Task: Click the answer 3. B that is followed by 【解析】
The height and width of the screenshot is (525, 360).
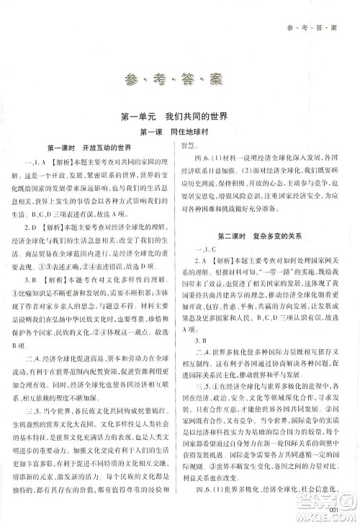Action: pos(39,277)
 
